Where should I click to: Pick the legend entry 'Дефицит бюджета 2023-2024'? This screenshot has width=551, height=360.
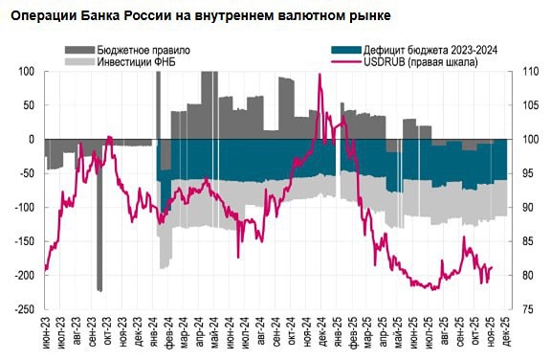(427, 49)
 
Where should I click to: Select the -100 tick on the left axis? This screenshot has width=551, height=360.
(22, 207)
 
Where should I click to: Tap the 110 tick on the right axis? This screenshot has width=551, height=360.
(525, 71)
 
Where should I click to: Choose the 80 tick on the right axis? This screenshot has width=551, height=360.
(523, 276)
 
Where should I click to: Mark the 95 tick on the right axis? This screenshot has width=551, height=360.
(523, 173)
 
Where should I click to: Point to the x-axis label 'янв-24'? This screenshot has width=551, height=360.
(155, 335)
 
